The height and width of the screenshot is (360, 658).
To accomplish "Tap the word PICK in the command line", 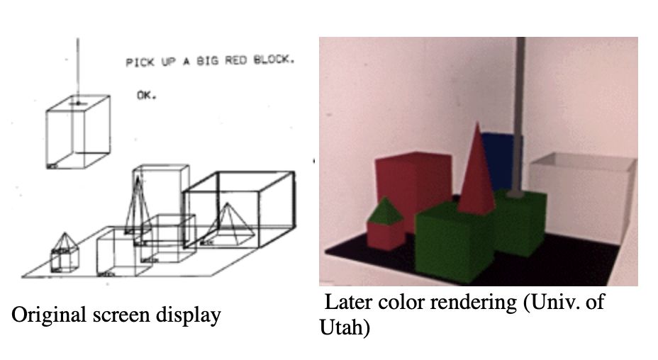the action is tap(140, 63).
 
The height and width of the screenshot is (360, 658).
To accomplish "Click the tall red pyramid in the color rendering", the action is tap(477, 174).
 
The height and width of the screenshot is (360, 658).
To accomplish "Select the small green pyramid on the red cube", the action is tap(384, 210).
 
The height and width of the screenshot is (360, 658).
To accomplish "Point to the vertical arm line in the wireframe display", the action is tap(78, 64).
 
